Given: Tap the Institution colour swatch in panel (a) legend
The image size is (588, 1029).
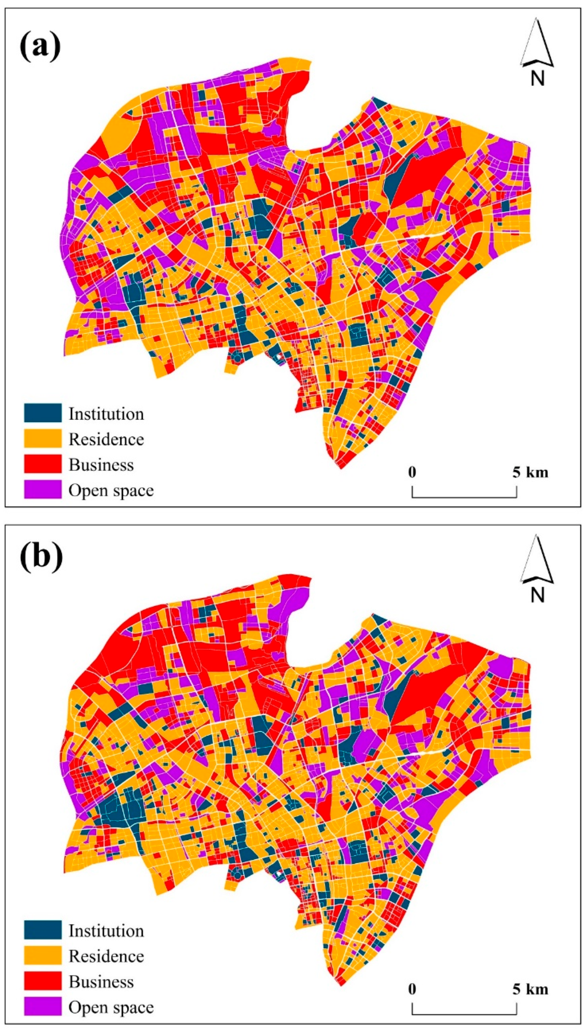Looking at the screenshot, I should [43, 413].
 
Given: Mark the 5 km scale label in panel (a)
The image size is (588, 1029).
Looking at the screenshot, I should [530, 472].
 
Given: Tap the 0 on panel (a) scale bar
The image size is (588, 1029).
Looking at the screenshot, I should [412, 472].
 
